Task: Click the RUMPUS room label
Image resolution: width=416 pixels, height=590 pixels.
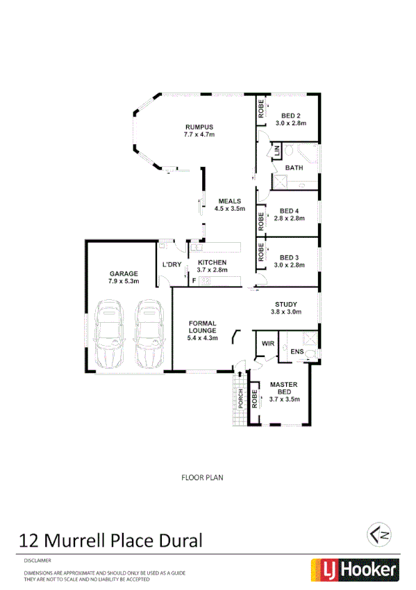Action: coord(198,127)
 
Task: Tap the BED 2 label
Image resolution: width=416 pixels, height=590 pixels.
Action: coord(290,115)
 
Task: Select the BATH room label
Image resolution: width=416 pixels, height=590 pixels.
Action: coord(294,168)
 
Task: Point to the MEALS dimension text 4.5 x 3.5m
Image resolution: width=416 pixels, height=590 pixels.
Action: coord(230,209)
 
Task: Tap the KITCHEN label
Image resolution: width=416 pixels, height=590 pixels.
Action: coord(213,262)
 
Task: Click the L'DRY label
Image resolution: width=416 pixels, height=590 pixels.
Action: coord(171,265)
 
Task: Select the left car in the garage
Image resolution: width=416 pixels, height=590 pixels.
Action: coord(109,335)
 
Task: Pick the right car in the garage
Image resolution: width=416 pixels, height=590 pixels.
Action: coord(148,335)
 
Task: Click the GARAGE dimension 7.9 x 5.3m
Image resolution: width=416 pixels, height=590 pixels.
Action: coord(124,282)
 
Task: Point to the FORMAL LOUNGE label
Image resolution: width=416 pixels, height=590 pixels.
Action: coord(203,327)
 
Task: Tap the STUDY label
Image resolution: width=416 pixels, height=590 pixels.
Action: coord(286,304)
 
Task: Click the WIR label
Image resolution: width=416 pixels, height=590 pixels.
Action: coord(267,344)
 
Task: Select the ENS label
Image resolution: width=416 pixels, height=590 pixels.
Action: coord(297,352)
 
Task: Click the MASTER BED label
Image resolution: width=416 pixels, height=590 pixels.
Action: coord(284,388)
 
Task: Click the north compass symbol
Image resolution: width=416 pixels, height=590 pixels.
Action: coord(378,535)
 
